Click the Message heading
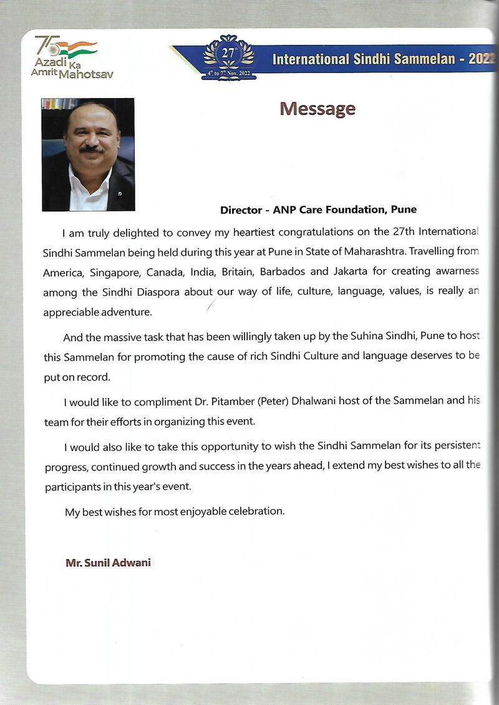[317, 109]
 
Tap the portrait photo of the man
[88, 154]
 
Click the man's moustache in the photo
[92, 148]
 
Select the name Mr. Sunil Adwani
[108, 563]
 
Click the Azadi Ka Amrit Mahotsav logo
[74, 57]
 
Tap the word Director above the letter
[240, 210]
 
